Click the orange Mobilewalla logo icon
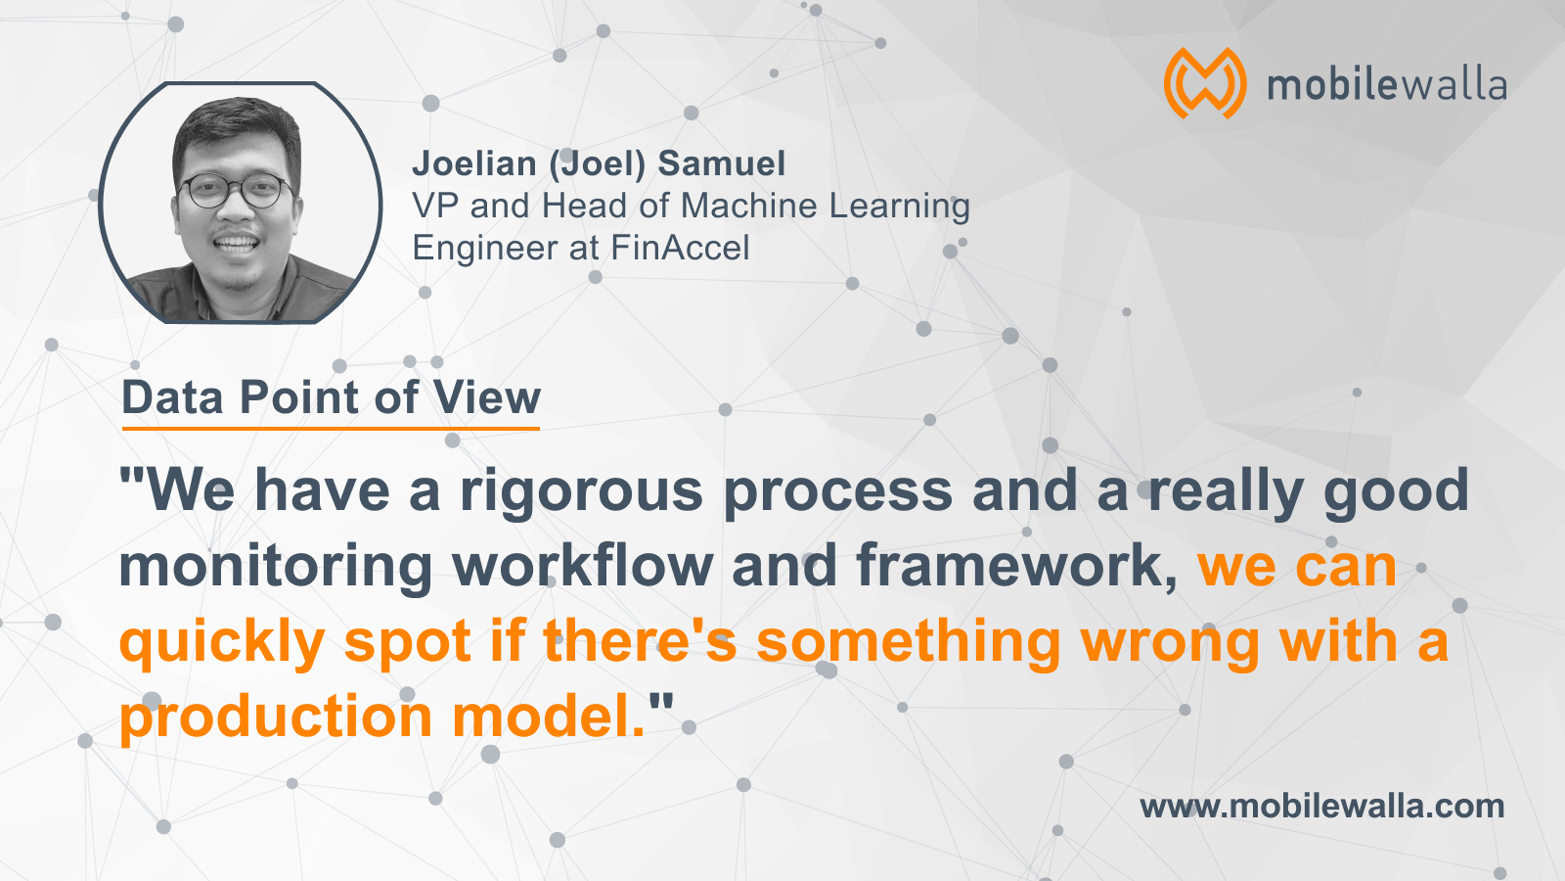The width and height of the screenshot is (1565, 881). tap(1204, 83)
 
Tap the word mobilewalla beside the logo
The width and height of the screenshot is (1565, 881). tap(1386, 85)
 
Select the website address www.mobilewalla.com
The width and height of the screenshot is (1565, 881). tap(1321, 807)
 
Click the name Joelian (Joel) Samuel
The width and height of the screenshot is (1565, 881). tap(599, 163)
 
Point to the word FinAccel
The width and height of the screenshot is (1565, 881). tap(680, 248)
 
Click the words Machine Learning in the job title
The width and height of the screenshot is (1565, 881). tap(826, 207)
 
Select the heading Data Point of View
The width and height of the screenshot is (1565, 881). tap(332, 397)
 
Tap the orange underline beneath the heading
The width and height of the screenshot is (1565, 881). tap(331, 428)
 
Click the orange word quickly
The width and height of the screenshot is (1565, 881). tap(222, 643)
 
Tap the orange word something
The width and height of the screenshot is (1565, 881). tap(909, 643)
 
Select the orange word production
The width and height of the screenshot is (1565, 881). tap(277, 718)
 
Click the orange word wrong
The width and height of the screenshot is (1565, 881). tap(1170, 643)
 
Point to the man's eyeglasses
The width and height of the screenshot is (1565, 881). tap(235, 190)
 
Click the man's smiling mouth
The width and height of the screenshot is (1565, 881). tap(236, 244)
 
